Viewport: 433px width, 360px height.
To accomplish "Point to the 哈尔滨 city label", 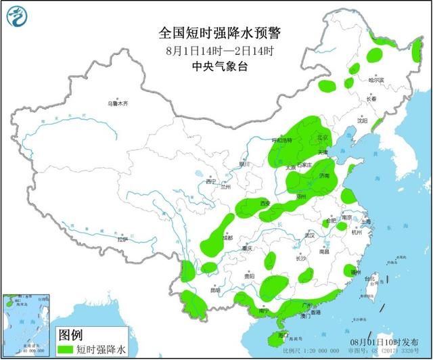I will point(375,80).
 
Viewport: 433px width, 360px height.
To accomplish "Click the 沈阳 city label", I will point(363,122).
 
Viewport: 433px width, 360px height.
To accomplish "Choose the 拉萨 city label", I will point(121,239).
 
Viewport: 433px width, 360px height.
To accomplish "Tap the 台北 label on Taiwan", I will point(369,279).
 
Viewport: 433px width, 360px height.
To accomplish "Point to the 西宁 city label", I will point(209,181).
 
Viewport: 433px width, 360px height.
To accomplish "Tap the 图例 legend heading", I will point(70,335).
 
